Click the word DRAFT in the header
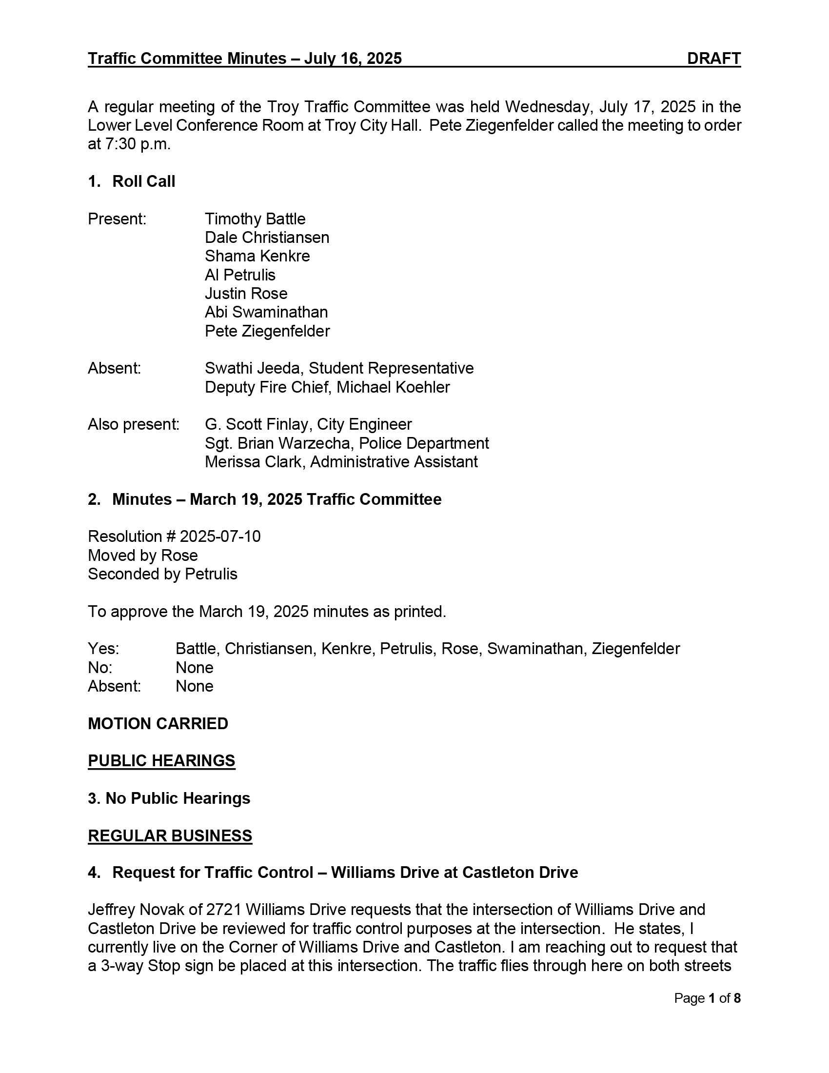tap(713, 59)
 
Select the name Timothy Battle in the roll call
tap(255, 219)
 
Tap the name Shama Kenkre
tap(257, 256)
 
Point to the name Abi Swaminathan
tap(266, 312)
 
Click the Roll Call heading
tap(143, 181)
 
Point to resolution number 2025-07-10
tap(220, 536)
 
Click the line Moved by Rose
tap(143, 555)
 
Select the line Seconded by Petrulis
tap(162, 574)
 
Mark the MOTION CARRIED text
tap(158, 724)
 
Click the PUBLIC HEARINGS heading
tap(161, 760)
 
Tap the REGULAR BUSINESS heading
tap(170, 835)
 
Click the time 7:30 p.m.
tap(138, 144)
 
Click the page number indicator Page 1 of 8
tap(707, 998)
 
